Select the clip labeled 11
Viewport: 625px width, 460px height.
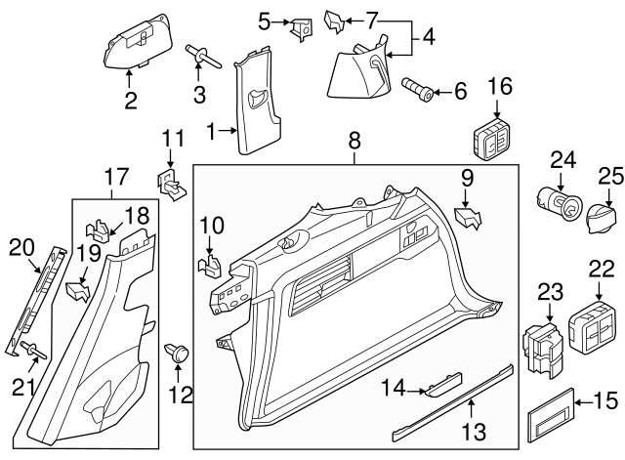tap(171, 181)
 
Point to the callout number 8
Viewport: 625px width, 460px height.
tap(354, 146)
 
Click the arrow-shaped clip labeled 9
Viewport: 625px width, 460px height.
tap(467, 219)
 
